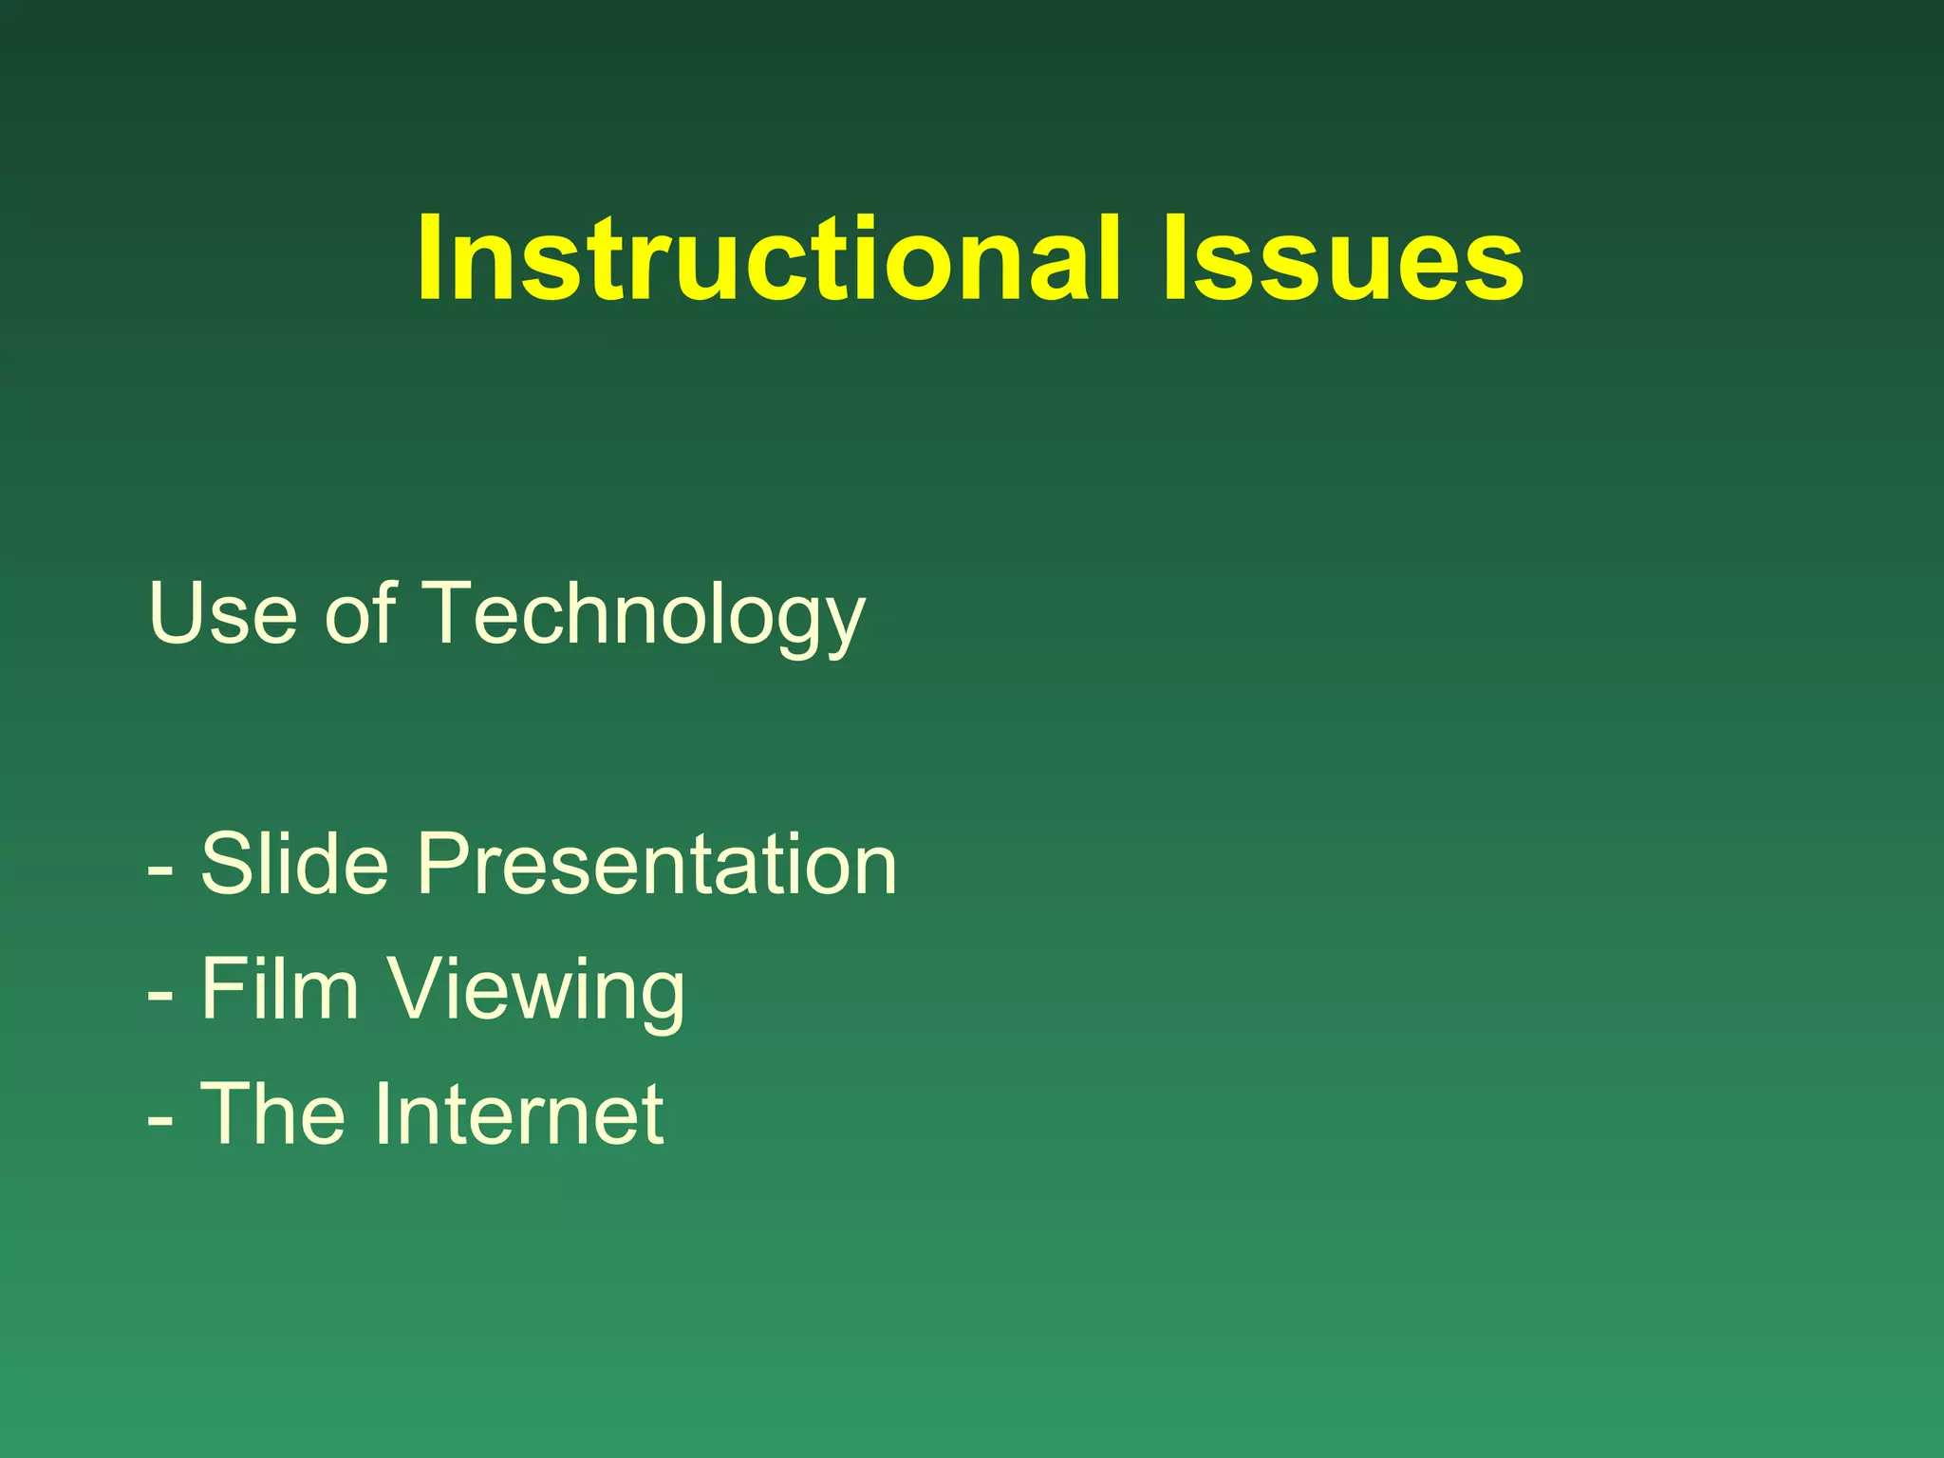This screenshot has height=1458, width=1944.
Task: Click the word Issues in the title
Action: pyautogui.click(x=1342, y=258)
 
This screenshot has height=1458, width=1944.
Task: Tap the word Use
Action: pyautogui.click(x=222, y=613)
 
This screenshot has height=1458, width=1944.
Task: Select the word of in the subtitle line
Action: pyautogui.click(x=360, y=613)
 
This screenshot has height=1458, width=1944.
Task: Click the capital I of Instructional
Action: pyautogui.click(x=431, y=258)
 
